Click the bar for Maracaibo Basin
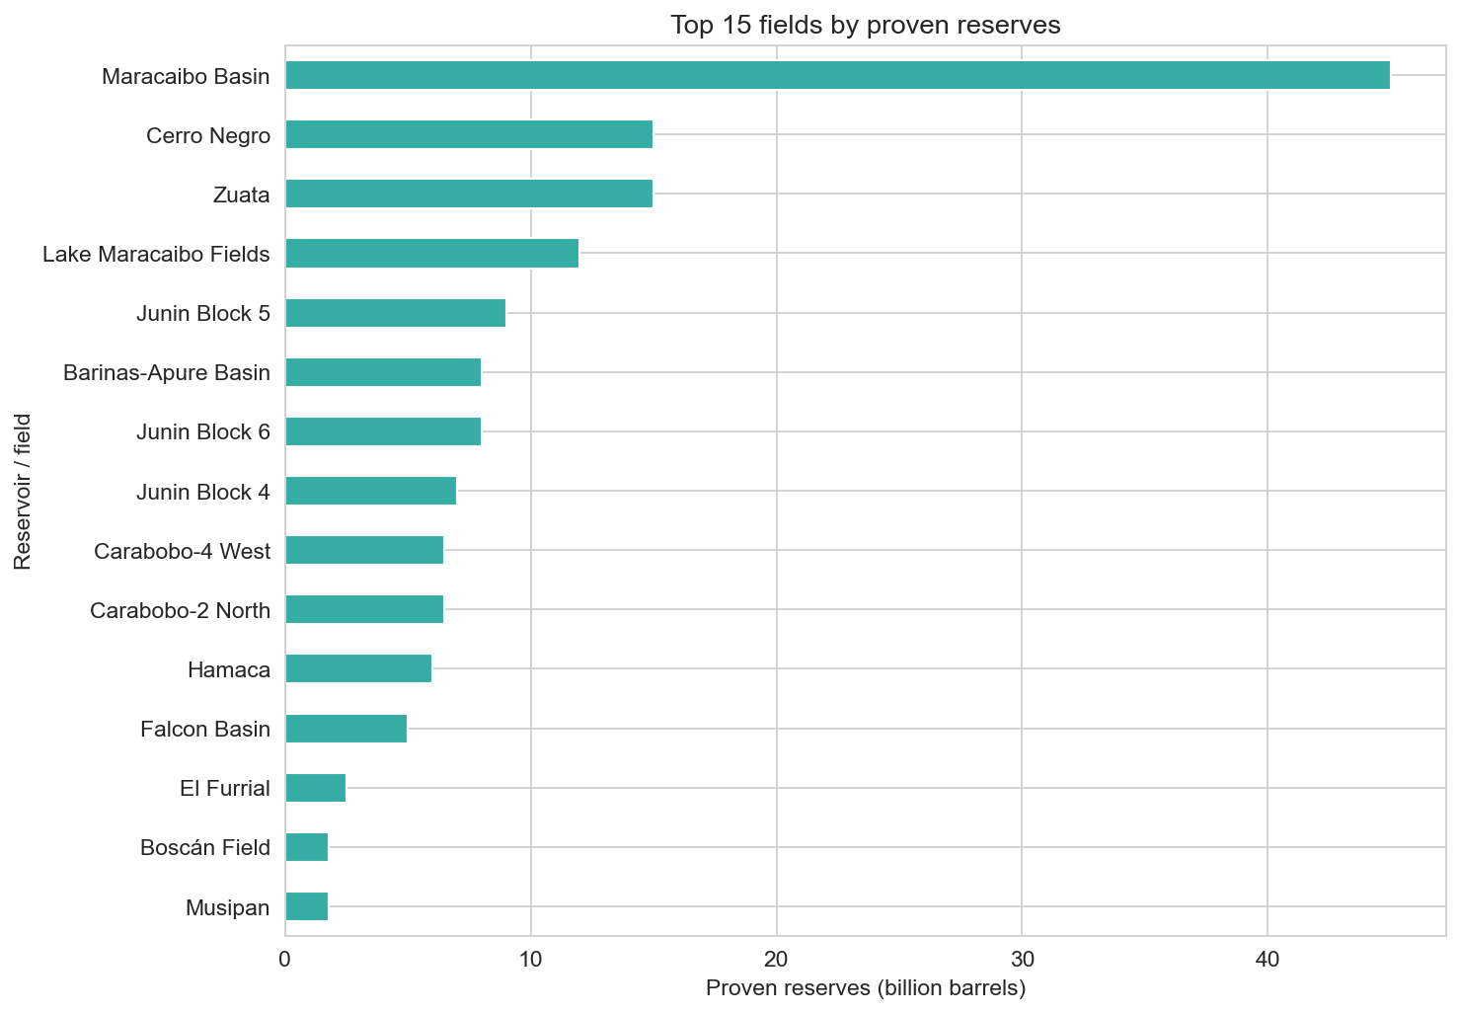click(837, 75)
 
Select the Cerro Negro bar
click(469, 134)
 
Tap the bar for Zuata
click(469, 194)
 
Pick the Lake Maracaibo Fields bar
click(431, 254)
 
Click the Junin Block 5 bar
click(395, 313)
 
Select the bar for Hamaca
click(358, 669)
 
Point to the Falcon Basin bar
click(346, 729)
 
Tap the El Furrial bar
click(315, 788)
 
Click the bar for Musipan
click(306, 906)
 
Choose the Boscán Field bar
click(306, 847)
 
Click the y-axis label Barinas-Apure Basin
click(166, 373)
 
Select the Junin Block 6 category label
click(203, 432)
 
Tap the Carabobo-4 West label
click(182, 551)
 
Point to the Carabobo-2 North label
click(180, 610)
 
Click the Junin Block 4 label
click(203, 492)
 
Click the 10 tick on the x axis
click(531, 959)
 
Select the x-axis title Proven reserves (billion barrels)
click(866, 988)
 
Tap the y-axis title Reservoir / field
click(23, 492)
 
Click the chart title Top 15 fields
click(866, 25)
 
